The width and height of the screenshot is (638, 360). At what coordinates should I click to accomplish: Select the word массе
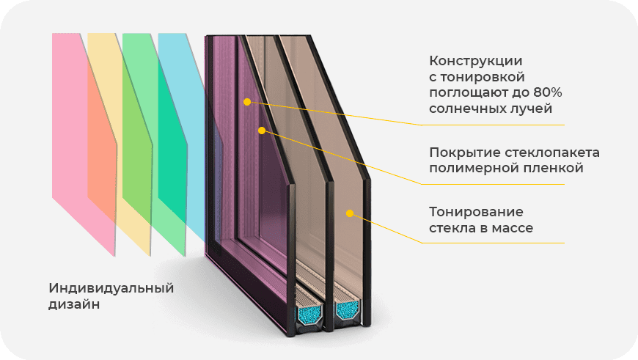[513, 228]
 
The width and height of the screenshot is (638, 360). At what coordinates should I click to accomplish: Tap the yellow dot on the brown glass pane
[350, 213]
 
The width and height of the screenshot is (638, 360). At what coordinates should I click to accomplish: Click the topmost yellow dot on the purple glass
[248, 102]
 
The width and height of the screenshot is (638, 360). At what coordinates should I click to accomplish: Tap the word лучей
[532, 109]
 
